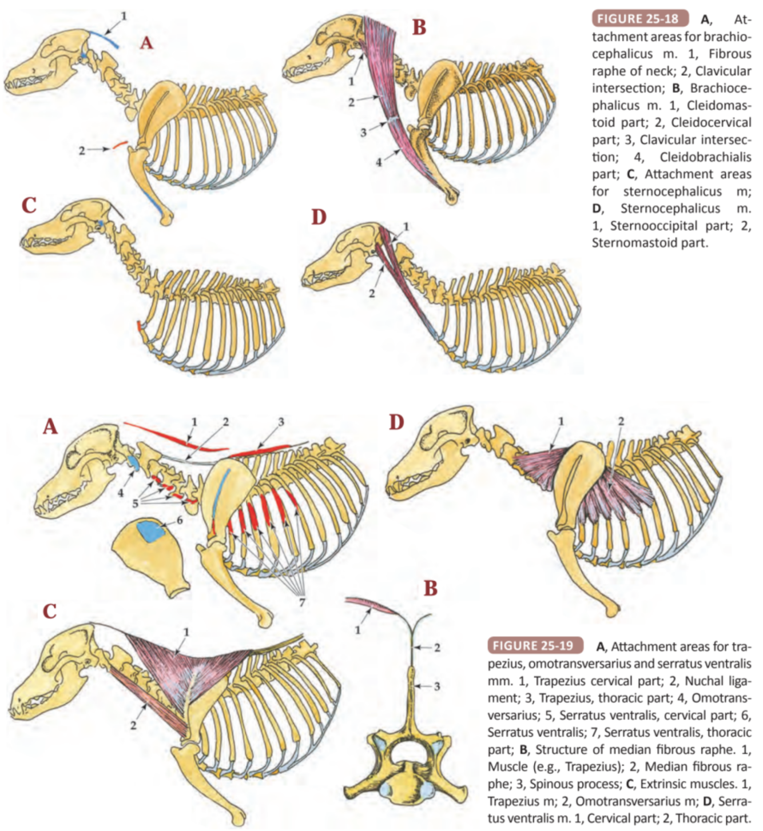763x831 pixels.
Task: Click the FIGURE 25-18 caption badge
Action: click(x=638, y=18)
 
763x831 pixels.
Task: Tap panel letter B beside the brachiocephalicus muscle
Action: click(x=419, y=27)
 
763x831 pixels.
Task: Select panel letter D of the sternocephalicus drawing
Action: click(x=318, y=218)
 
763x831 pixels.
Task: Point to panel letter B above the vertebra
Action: click(x=430, y=588)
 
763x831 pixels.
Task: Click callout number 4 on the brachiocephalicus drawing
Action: click(x=379, y=162)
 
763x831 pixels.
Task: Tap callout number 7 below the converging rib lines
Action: click(x=302, y=601)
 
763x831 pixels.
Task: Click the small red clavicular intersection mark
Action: click(x=120, y=145)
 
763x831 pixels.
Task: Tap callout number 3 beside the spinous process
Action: click(x=437, y=686)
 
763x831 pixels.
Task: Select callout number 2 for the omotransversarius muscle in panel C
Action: click(x=133, y=725)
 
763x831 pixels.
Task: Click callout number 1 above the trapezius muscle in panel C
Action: click(x=186, y=632)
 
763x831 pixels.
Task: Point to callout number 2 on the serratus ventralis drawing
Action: click(x=621, y=421)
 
